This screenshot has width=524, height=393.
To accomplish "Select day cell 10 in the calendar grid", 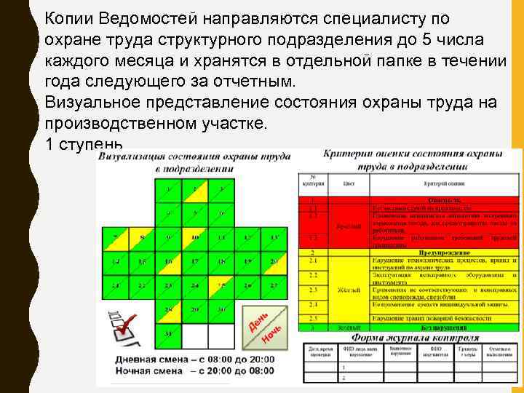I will pyautogui.click(x=195, y=238).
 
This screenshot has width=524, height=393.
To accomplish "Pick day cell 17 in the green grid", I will pyautogui.click(x=195, y=261).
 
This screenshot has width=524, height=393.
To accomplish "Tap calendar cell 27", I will pyautogui.click(x=273, y=285).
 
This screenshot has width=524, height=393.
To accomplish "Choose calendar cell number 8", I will pyautogui.click(x=143, y=238).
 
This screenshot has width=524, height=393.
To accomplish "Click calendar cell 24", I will pyautogui.click(x=195, y=285).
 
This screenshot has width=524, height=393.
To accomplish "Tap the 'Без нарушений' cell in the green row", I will pyautogui.click(x=444, y=328).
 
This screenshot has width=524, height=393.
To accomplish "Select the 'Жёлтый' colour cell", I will pyautogui.click(x=349, y=290).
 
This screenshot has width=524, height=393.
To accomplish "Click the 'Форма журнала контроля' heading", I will pyautogui.click(x=416, y=338).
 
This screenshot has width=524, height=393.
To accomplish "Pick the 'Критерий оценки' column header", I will pyautogui.click(x=444, y=185).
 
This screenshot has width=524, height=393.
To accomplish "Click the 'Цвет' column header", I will pyautogui.click(x=349, y=185).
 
